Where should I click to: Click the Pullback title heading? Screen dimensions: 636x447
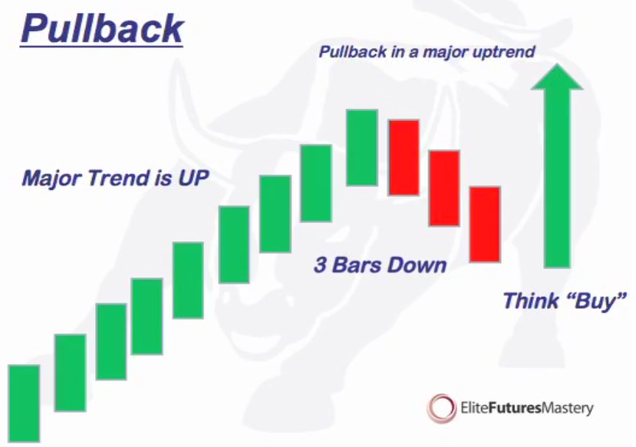tap(102, 29)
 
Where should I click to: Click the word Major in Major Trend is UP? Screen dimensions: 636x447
tap(52, 179)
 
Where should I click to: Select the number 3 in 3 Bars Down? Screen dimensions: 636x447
tap(321, 265)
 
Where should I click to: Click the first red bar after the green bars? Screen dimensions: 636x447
tap(404, 158)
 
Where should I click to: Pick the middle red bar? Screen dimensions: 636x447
tap(444, 188)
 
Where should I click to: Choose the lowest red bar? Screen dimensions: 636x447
tap(485, 225)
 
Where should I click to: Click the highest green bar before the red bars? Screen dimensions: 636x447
tap(362, 148)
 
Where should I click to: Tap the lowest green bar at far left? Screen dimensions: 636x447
tap(24, 404)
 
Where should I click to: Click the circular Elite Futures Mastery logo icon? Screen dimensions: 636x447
tap(441, 408)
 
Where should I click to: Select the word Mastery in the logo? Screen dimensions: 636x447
tap(568, 409)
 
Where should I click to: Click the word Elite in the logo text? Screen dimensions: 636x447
tap(474, 408)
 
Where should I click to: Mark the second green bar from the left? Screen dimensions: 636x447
tap(70, 373)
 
